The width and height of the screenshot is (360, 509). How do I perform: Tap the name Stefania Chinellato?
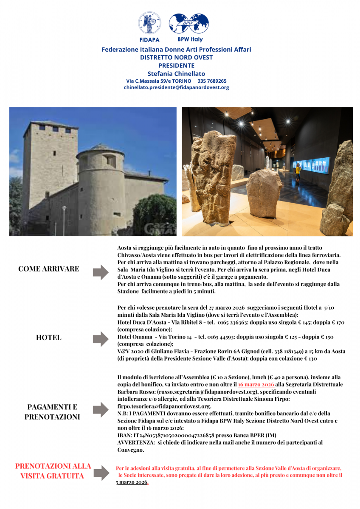pyautogui.click(x=176, y=73)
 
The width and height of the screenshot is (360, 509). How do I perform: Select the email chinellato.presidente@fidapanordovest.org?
pyautogui.click(x=176, y=87)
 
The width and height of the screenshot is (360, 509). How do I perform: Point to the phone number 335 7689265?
pyautogui.click(x=212, y=81)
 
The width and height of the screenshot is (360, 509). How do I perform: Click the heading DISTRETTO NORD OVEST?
pyautogui.click(x=176, y=57)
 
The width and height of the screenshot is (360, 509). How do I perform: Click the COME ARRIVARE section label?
pyautogui.click(x=48, y=269)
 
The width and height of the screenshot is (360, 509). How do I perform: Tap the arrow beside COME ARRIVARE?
pyautogui.click(x=101, y=271)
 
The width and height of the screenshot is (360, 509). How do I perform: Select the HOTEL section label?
pyautogui.click(x=48, y=338)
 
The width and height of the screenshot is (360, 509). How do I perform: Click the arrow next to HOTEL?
pyautogui.click(x=101, y=339)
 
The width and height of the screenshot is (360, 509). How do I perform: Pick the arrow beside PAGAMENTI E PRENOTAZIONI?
pyautogui.click(x=101, y=410)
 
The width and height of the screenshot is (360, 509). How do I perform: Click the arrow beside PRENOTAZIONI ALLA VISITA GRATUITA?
pyautogui.click(x=101, y=473)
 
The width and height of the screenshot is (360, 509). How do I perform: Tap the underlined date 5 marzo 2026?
pyautogui.click(x=132, y=482)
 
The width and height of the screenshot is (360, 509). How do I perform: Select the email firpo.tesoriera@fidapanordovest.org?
pyautogui.click(x=164, y=406)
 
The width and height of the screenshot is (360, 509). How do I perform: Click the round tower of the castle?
pyautogui.click(x=101, y=187)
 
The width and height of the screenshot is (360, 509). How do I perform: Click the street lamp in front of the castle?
pyautogui.click(x=65, y=218)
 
